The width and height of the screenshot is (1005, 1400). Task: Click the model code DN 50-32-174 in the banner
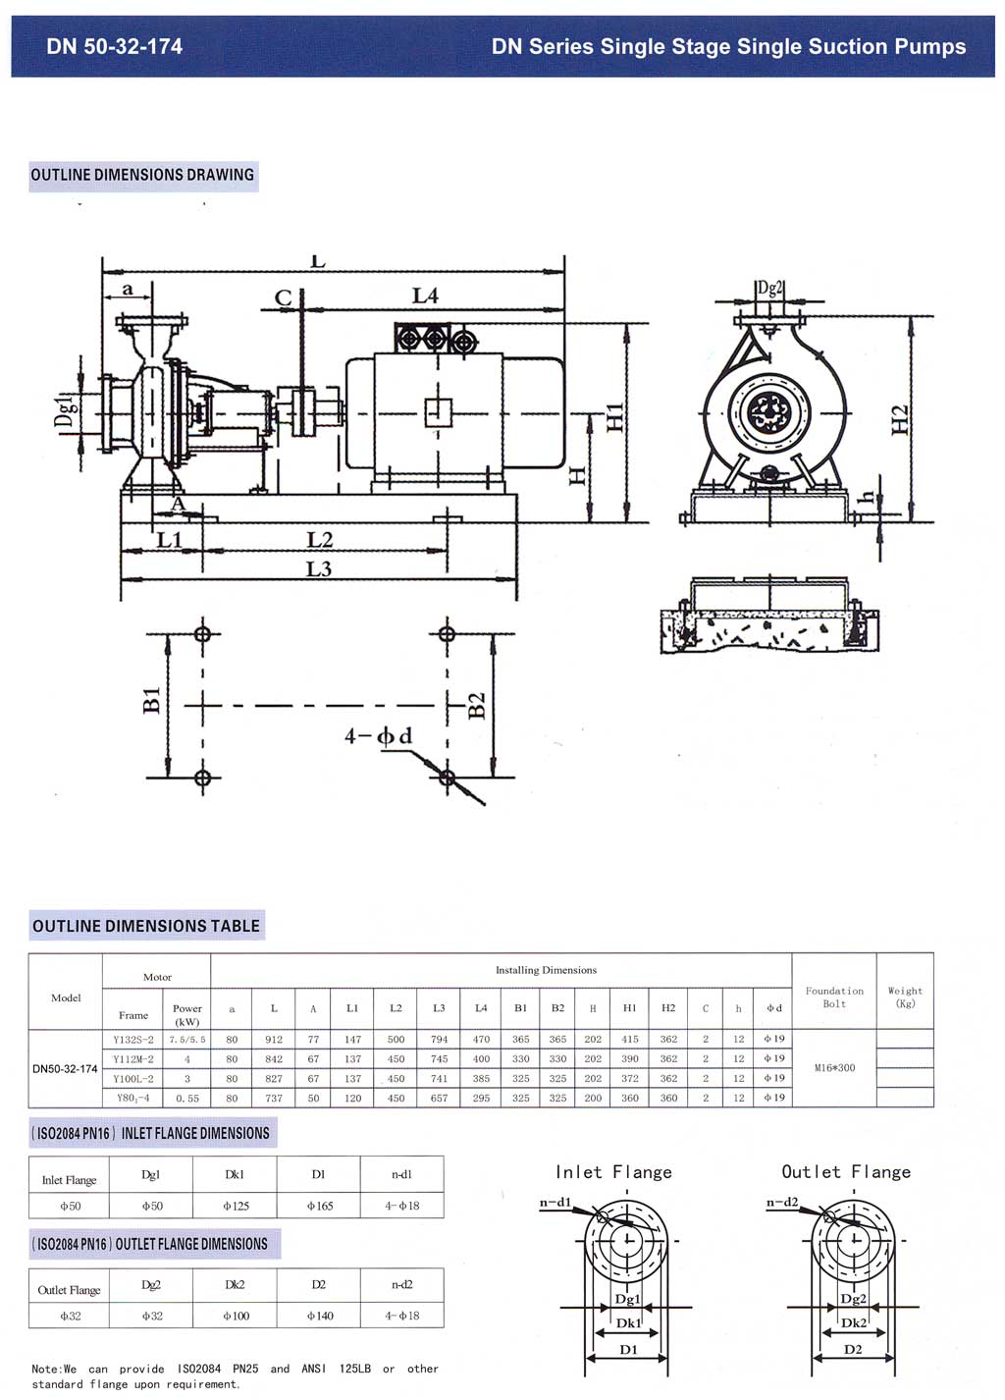(x=114, y=46)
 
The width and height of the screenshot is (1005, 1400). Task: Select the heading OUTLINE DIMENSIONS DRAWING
(x=142, y=175)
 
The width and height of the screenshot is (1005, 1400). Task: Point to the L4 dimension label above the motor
(x=425, y=296)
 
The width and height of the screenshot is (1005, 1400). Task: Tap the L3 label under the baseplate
(x=319, y=568)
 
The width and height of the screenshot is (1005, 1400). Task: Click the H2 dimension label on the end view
(x=899, y=419)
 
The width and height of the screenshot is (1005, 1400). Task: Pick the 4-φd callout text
(x=379, y=735)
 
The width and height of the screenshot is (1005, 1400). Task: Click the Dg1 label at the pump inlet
(x=66, y=410)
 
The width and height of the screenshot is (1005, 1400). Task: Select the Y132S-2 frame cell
(x=133, y=1040)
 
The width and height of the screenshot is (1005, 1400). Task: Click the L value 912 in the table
(x=274, y=1040)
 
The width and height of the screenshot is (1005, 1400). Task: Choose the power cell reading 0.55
(x=187, y=1099)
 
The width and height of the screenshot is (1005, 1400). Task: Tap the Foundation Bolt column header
(x=834, y=996)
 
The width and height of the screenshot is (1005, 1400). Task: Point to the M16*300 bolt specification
(x=834, y=1068)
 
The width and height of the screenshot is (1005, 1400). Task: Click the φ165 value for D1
(x=320, y=1206)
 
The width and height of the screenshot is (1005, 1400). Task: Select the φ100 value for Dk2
(x=237, y=1316)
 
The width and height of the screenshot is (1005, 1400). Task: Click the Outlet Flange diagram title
(x=846, y=1172)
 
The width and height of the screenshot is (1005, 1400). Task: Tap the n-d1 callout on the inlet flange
(x=555, y=1202)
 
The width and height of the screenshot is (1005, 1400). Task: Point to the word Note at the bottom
(x=46, y=1369)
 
